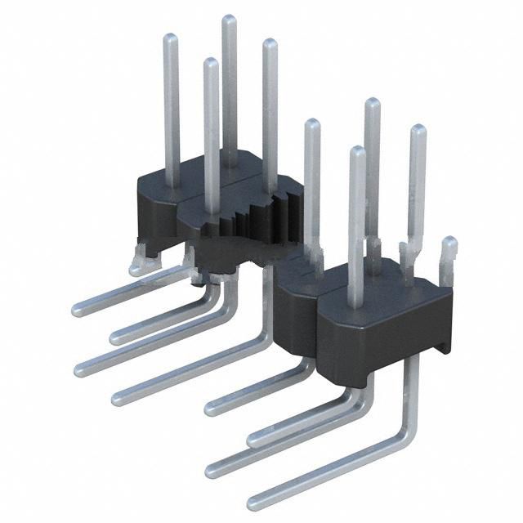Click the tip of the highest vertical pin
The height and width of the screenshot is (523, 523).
230,20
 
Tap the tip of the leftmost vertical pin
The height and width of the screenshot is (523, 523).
171,39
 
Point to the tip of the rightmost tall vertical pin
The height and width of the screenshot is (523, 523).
418,131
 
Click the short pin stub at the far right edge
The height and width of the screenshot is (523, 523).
448,244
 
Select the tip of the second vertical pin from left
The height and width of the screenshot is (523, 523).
211,64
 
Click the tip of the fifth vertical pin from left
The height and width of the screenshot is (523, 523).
311,125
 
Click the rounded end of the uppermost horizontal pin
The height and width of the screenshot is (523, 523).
78,310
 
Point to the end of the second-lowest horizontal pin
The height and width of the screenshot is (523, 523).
212,469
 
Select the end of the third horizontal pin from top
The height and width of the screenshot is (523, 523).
81,369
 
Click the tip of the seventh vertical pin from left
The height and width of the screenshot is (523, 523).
372,104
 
